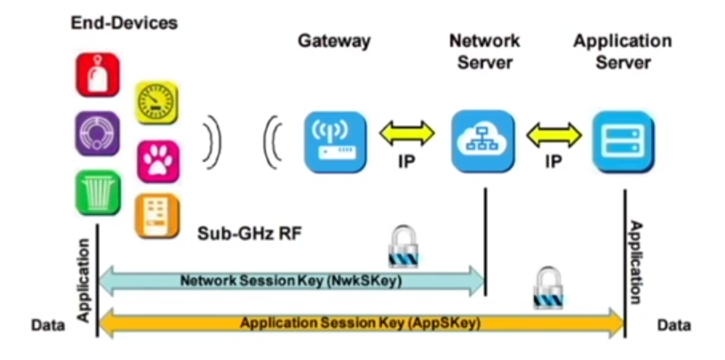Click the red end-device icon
(x=98, y=76)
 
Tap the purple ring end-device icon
(x=97, y=133)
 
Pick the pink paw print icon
(x=158, y=161)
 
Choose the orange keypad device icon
(x=157, y=216)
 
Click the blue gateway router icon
(x=335, y=140)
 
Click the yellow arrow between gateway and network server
(x=408, y=132)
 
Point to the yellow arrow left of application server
(x=554, y=133)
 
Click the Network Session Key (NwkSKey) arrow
(x=292, y=280)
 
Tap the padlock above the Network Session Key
(x=402, y=246)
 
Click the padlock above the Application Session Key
(x=547, y=289)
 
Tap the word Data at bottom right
(x=673, y=326)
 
